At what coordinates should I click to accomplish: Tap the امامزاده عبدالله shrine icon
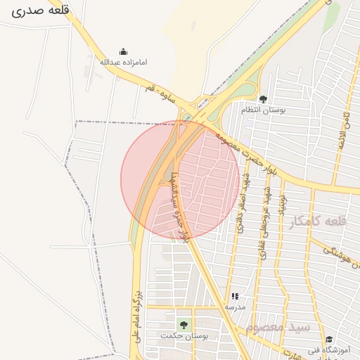coord(124,51)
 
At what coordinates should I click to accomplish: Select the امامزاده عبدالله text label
coord(124,62)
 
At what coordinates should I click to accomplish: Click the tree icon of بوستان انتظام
coord(263,99)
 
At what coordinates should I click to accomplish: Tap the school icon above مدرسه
coord(235,297)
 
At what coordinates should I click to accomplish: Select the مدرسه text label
coord(235,307)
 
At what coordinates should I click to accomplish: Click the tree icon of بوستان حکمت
coord(184,325)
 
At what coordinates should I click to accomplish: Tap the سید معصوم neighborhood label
coord(278,327)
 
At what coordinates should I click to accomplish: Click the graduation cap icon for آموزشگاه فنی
coord(329,340)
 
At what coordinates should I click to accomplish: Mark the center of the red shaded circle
coord(180,179)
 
